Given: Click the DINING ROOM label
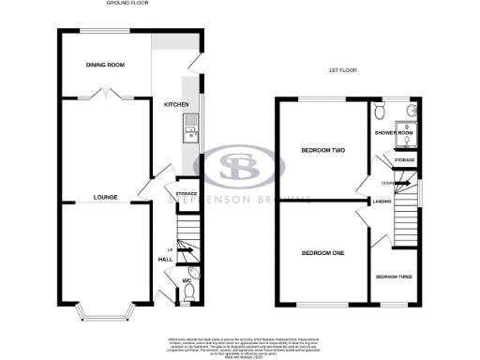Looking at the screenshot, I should pos(104,65).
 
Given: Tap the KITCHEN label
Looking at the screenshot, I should pos(177,104).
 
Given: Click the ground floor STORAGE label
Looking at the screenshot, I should pos(187,193).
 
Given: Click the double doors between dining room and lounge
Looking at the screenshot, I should pos(104,94).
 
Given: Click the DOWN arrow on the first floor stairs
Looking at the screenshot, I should pos(388,182).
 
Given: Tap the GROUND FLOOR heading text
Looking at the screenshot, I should pos(127,5).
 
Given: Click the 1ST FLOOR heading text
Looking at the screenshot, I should pos(345,70).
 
